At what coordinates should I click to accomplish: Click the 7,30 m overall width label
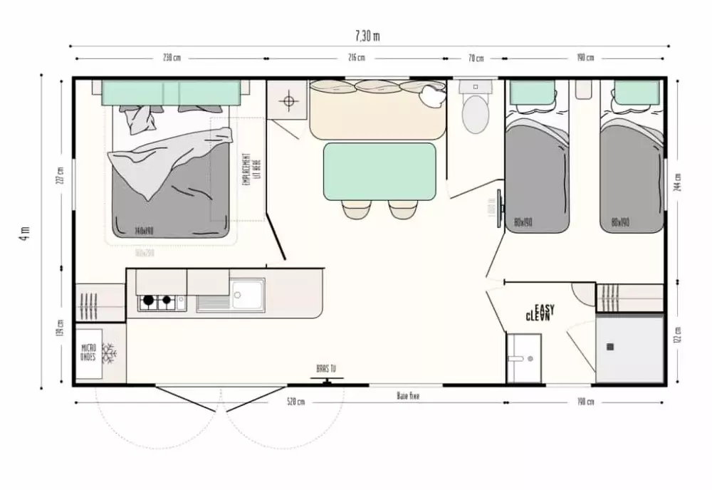pyautogui.click(x=367, y=36)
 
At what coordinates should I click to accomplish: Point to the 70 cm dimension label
pyautogui.click(x=476, y=58)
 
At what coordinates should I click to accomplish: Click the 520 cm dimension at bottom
pyautogui.click(x=295, y=402)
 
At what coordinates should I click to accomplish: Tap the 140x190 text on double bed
pyautogui.click(x=145, y=230)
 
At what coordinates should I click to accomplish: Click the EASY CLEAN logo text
pyautogui.click(x=540, y=312)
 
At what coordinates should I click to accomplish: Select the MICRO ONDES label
pyautogui.click(x=89, y=353)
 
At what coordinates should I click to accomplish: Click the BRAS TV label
pyautogui.click(x=327, y=369)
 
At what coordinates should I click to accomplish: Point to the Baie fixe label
pyautogui.click(x=408, y=395)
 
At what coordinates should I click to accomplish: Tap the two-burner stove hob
pyautogui.click(x=157, y=302)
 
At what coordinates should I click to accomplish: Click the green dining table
pyautogui.click(x=379, y=171)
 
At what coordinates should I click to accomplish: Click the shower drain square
pyautogui.click(x=610, y=347)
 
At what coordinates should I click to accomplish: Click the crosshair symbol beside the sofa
pyautogui.click(x=289, y=102)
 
